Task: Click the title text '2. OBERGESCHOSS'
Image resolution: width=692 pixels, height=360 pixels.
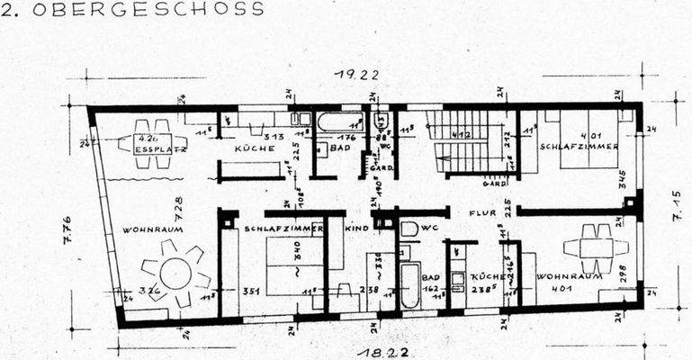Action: click(133, 9)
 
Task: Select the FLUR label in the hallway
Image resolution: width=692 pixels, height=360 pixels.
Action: click(481, 214)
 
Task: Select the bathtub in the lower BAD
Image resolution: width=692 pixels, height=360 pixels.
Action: click(409, 284)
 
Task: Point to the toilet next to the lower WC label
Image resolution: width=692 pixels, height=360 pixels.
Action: click(409, 230)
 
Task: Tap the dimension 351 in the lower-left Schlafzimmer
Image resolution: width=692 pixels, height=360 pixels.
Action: click(251, 291)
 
